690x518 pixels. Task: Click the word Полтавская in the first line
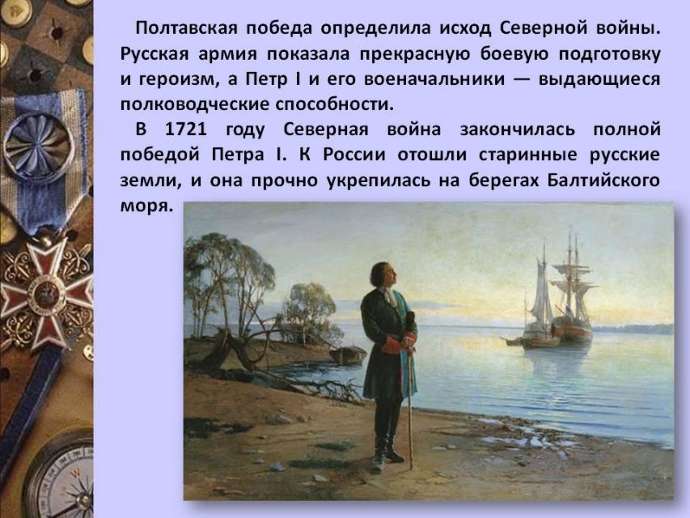187,28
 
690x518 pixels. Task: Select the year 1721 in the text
186,129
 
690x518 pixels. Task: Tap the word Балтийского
603,180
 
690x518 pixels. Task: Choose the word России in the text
354,155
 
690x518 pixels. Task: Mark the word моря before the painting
146,206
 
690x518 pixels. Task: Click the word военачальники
434,79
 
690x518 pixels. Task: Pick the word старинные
527,155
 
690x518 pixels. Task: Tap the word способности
334,105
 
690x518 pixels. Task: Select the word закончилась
517,129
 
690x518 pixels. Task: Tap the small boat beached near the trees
348,355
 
